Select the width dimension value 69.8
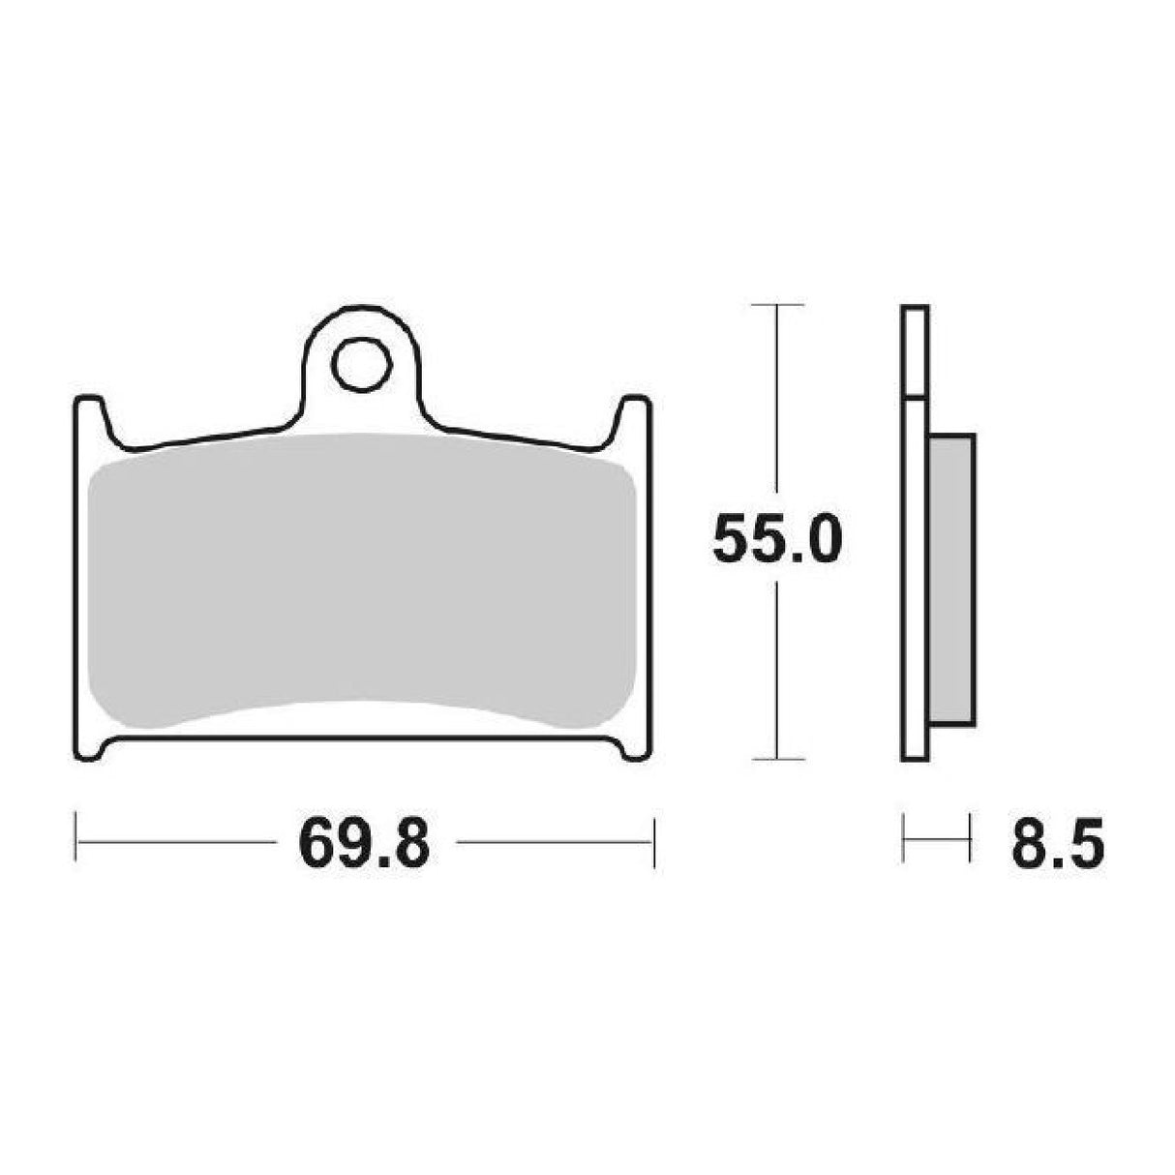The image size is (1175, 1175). pyautogui.click(x=364, y=842)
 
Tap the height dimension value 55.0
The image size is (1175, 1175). pyautogui.click(x=776, y=539)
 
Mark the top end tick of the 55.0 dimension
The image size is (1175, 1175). pyautogui.click(x=777, y=305)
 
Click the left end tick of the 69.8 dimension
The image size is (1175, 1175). pyautogui.click(x=76, y=842)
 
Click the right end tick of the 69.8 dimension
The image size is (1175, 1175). pyautogui.click(x=655, y=842)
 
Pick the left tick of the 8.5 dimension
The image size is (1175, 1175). pyautogui.click(x=904, y=838)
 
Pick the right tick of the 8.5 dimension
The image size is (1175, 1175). pyautogui.click(x=968, y=838)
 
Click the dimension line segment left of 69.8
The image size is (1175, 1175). pyautogui.click(x=174, y=842)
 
